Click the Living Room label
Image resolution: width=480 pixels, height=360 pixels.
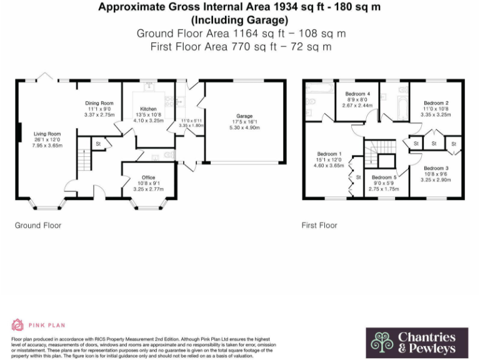[47, 133]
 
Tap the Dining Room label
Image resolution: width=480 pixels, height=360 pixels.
[99, 103]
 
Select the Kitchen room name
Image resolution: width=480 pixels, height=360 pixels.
[148, 109]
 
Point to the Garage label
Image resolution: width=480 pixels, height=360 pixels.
[244, 116]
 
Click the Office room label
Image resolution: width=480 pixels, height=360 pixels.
[148, 177]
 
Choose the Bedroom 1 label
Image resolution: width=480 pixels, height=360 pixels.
[329, 154]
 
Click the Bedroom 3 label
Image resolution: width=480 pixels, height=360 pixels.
[436, 168]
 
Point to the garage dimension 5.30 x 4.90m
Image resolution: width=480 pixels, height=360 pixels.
[244, 127]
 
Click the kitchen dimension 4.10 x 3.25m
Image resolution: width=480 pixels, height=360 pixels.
[148, 120]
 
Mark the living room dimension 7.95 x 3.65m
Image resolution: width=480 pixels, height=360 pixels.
[47, 144]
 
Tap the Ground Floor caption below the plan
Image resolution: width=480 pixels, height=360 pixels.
[38, 225]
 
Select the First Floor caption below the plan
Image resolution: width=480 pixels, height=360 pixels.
[319, 225]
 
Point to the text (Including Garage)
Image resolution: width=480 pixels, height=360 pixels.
[239, 19]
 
